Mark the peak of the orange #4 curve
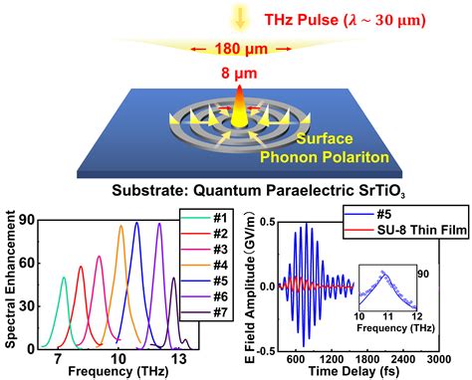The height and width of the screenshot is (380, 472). [x=121, y=226]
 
